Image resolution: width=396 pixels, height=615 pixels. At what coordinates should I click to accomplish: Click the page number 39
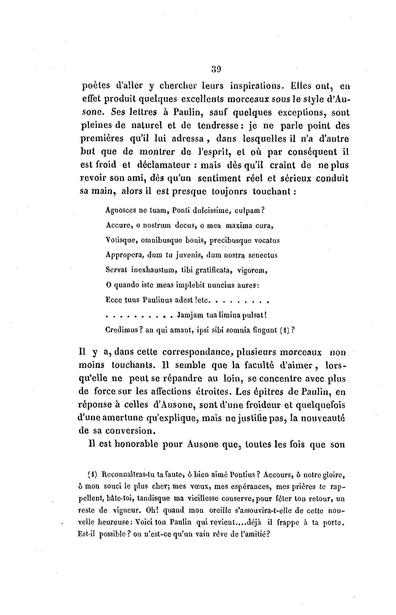[x=216, y=70]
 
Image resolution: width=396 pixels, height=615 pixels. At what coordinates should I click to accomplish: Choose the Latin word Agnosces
[x=121, y=210]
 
